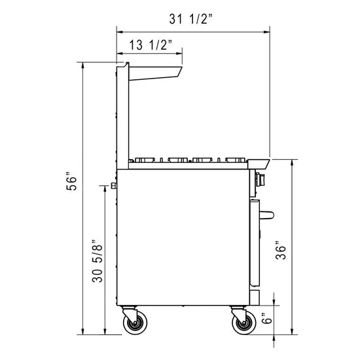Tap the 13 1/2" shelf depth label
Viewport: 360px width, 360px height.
(x=151, y=45)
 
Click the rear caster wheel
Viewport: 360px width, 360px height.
(x=136, y=323)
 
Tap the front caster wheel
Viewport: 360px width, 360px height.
(x=242, y=323)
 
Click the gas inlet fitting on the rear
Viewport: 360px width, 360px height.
(x=114, y=187)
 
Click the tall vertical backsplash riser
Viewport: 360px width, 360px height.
(x=121, y=115)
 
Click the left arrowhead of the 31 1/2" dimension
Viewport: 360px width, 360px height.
(x=119, y=29)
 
